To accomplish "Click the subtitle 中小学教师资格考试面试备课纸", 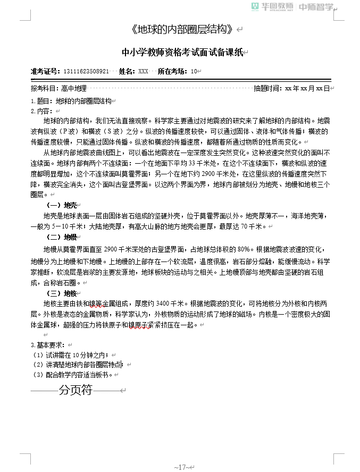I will point(182,53).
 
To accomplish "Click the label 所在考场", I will point(173,71).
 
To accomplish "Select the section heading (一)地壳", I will point(62,205).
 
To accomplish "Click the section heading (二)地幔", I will point(62,237).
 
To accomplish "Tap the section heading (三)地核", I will point(62,293).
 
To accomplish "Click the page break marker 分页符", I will point(76,391).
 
